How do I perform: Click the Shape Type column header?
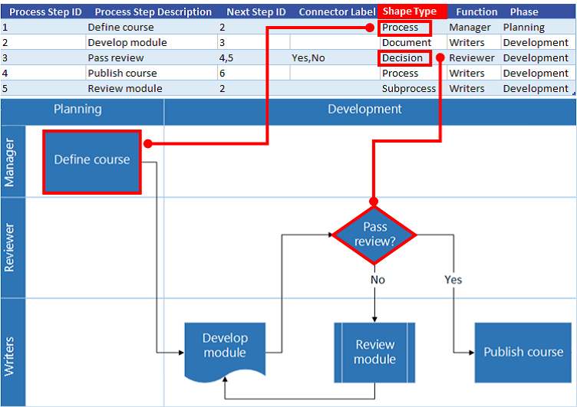click(410, 11)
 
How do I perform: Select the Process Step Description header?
click(153, 11)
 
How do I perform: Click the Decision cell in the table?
click(403, 57)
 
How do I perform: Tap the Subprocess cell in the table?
click(408, 88)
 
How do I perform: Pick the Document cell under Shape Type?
click(406, 42)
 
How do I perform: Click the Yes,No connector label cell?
click(308, 57)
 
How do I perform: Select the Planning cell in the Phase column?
click(523, 27)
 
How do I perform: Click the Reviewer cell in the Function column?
click(471, 57)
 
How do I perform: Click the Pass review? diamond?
click(374, 234)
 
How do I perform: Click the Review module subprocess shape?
click(374, 352)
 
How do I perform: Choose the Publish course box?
click(523, 352)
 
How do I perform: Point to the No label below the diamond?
click(378, 280)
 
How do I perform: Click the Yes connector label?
click(453, 280)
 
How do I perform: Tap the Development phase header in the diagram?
click(364, 110)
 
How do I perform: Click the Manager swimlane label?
click(11, 162)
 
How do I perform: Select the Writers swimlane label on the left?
click(11, 353)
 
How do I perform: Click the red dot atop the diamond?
click(374, 202)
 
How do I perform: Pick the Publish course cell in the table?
click(122, 73)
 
